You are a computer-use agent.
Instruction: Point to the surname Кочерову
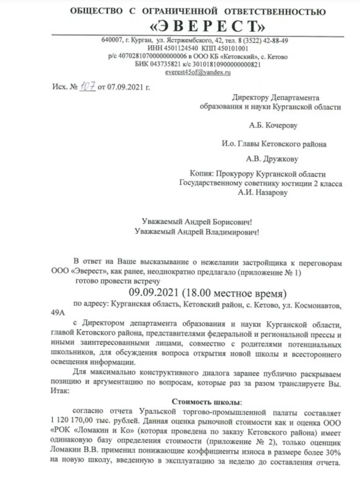280,126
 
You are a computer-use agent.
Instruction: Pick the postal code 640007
111,40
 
